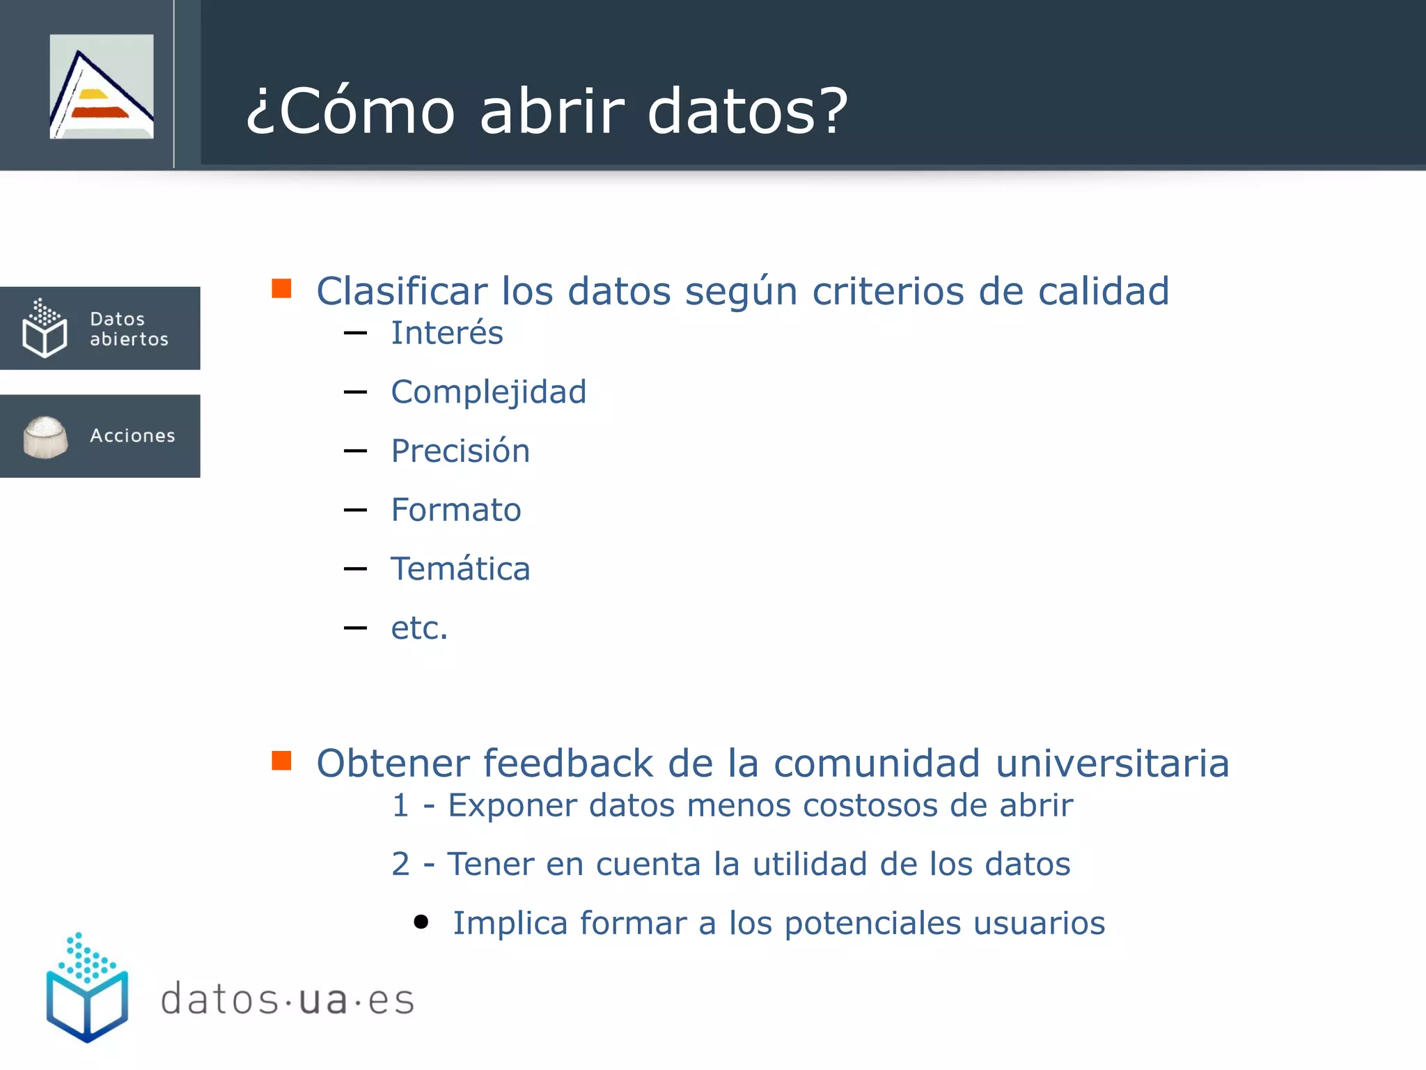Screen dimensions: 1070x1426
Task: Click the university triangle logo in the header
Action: click(102, 86)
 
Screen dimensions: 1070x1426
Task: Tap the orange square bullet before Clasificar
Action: click(281, 288)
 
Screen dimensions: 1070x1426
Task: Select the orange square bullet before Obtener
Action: click(281, 761)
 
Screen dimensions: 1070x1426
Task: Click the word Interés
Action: click(446, 333)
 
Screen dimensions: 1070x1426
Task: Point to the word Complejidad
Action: click(488, 392)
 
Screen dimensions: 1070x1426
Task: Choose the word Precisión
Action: click(460, 451)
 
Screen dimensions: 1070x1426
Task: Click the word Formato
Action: click(455, 510)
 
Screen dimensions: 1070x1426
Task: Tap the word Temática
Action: click(460, 569)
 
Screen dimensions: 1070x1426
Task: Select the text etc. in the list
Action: click(419, 628)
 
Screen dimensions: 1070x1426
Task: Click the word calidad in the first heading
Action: click(1103, 291)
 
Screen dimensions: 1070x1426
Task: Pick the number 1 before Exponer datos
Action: click(400, 806)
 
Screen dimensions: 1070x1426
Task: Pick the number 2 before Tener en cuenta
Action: click(400, 864)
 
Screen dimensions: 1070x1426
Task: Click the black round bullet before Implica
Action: click(421, 922)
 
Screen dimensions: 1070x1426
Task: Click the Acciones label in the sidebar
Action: click(132, 435)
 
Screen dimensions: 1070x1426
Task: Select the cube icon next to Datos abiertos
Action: click(45, 329)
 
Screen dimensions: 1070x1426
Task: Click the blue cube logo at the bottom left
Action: click(87, 989)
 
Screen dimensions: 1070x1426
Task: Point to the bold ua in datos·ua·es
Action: click(323, 1000)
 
